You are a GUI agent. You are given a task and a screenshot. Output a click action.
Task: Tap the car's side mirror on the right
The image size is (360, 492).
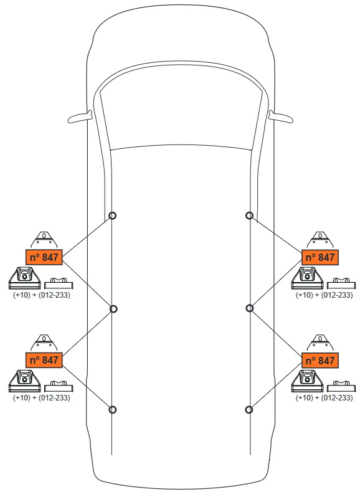281,116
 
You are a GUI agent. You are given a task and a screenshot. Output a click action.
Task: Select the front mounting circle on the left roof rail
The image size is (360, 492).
113,215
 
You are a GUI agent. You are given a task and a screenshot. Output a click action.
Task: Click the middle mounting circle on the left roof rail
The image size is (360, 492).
113,309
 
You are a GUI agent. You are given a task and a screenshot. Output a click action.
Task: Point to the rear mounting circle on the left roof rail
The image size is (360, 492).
112,409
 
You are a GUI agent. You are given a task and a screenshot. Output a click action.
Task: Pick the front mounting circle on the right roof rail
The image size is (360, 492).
250,215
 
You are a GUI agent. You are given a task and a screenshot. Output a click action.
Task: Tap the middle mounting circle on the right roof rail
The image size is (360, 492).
250,308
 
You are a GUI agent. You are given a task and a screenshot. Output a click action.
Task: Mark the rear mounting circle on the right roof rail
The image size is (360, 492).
249,409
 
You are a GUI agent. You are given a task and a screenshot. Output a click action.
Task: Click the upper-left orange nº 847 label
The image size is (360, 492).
44,257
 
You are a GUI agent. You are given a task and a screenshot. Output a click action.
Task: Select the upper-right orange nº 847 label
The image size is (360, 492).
320,257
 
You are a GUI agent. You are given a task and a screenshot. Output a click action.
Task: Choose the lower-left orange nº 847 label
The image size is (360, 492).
44,360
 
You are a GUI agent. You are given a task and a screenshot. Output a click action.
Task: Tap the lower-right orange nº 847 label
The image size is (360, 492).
320,360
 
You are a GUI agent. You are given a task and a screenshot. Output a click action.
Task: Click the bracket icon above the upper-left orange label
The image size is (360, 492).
44,240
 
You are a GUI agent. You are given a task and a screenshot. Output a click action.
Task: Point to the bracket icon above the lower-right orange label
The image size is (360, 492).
320,343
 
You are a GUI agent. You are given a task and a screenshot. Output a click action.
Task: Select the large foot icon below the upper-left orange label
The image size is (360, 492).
24,278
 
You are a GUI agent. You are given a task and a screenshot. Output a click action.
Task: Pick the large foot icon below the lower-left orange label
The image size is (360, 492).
24,381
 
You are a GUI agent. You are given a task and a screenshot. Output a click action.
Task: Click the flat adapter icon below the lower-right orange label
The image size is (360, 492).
341,386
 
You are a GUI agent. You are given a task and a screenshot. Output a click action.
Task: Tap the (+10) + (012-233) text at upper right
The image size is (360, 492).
324,295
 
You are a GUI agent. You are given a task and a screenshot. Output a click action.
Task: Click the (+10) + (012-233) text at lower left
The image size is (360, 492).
42,397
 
